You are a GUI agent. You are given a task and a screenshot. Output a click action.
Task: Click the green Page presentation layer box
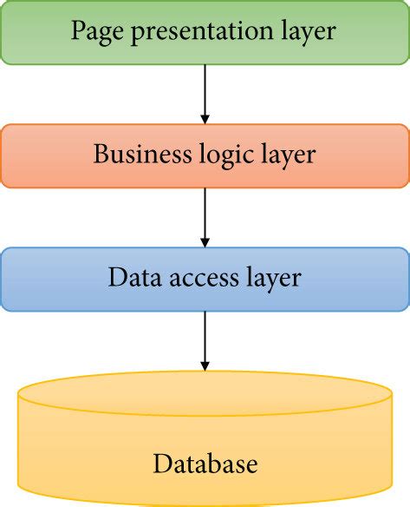(205, 32)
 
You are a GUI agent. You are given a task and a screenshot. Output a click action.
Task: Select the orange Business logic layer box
(205, 155)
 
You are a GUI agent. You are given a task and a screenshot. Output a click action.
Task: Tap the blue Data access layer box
(205, 279)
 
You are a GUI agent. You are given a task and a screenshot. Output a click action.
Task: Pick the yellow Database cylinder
(205, 443)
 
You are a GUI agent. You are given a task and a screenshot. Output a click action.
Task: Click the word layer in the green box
(304, 32)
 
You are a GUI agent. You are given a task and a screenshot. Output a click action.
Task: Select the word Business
(138, 155)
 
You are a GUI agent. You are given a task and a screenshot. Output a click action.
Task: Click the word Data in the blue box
(127, 278)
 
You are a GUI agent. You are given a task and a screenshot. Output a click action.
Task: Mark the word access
(201, 279)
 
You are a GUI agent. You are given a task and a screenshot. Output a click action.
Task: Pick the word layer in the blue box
(270, 279)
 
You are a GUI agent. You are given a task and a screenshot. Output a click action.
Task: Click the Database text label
(205, 464)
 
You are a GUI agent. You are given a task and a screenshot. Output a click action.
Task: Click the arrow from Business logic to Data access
(205, 216)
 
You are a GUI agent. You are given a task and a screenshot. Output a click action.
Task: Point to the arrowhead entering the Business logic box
(205, 117)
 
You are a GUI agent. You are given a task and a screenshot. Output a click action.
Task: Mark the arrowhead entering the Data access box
(205, 240)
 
